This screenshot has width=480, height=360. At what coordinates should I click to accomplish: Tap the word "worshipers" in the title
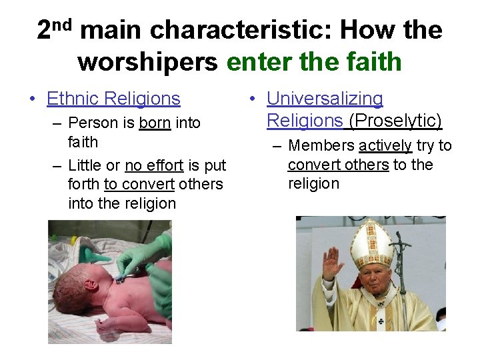(x=147, y=62)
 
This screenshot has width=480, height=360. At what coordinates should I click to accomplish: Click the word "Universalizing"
(x=325, y=99)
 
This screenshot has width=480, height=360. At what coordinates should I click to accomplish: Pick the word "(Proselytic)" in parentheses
(x=395, y=121)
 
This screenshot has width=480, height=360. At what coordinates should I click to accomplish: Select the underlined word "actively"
(x=385, y=146)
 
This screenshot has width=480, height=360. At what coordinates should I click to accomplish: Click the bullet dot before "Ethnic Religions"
(x=33, y=99)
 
